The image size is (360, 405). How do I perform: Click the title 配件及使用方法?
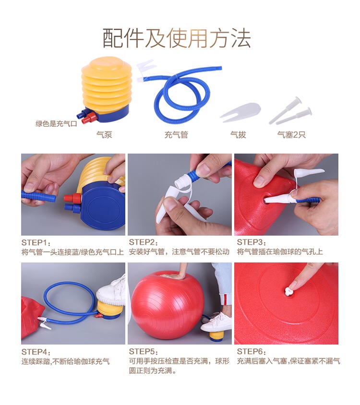click(x=177, y=38)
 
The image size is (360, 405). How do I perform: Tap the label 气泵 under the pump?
click(x=104, y=134)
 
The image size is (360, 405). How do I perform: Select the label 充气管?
click(x=176, y=134)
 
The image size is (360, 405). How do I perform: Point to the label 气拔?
click(x=238, y=134)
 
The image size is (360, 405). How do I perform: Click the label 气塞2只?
click(x=291, y=134)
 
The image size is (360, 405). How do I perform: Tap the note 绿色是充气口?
click(x=56, y=124)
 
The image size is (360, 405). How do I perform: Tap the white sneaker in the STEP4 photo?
click(x=111, y=291)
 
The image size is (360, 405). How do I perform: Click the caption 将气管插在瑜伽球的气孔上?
click(x=280, y=252)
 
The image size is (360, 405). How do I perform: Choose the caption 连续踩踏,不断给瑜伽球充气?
click(x=66, y=361)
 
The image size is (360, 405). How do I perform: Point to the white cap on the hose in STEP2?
click(x=180, y=182)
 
